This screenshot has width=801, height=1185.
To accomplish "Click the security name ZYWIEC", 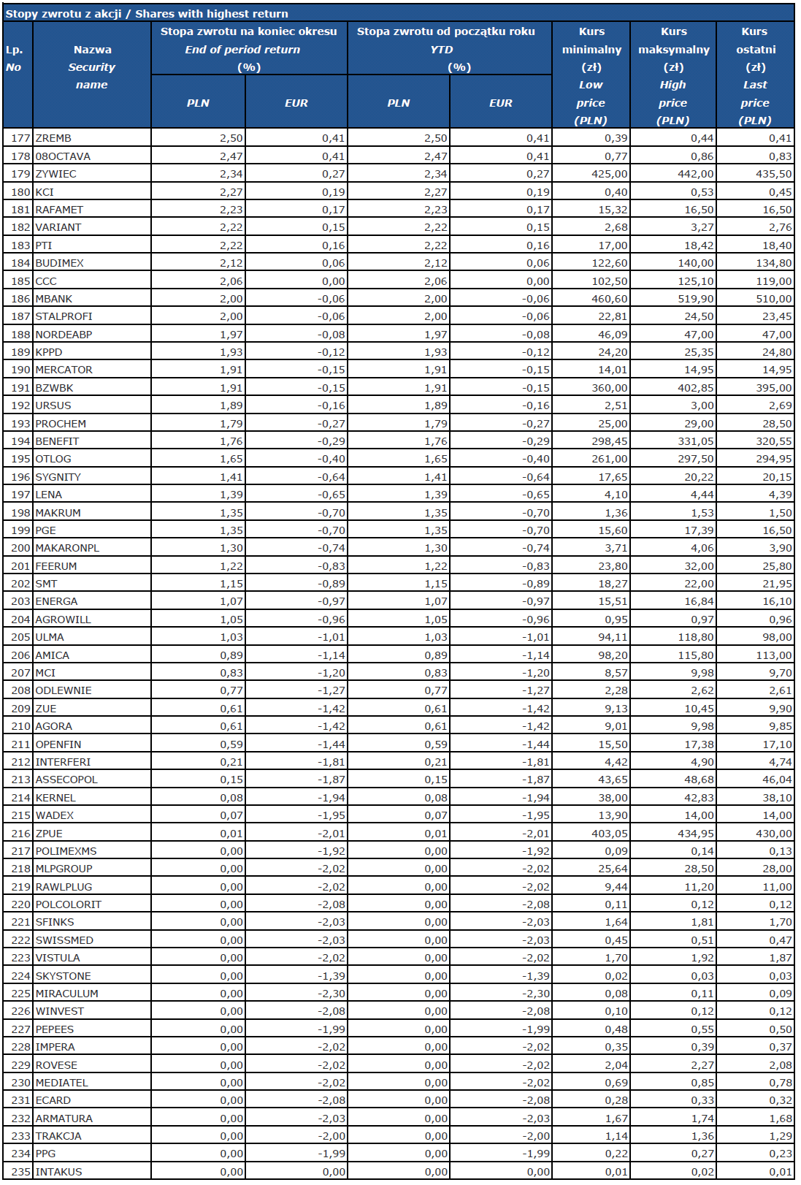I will pyautogui.click(x=56, y=174).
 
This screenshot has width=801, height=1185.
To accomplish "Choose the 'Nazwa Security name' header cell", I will pyautogui.click(x=92, y=67).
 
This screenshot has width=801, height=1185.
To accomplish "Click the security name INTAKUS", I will pyautogui.click(x=59, y=1172).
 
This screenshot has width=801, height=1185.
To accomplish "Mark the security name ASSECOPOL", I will pyautogui.click(x=66, y=780).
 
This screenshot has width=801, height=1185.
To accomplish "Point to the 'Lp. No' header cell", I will pyautogui.click(x=15, y=58).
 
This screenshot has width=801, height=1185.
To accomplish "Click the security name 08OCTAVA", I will pyautogui.click(x=63, y=156).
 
